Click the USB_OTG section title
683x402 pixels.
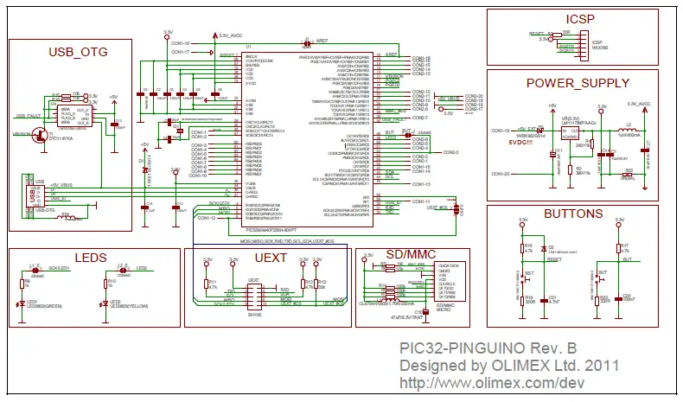[x=78, y=52]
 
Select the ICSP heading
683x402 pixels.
[x=582, y=18]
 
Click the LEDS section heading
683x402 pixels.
[x=90, y=258]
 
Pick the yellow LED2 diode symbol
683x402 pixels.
[x=104, y=303]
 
